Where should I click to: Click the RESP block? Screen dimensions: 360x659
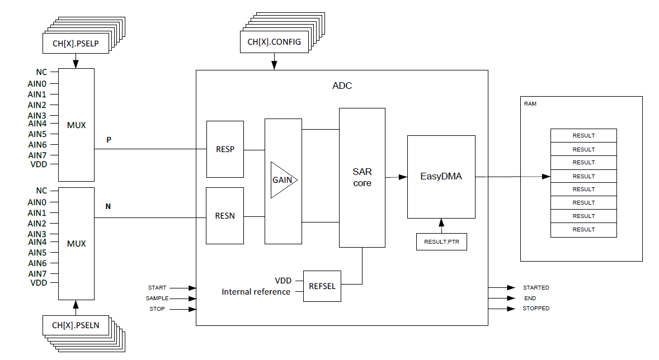point(225,149)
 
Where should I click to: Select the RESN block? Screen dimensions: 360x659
point(225,216)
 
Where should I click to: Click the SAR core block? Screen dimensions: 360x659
point(362,177)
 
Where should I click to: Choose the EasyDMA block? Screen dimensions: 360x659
point(441,177)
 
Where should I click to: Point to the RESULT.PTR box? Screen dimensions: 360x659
point(441,242)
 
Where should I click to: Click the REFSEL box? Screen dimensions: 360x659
point(322,286)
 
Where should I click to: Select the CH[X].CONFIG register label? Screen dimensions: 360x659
point(274,42)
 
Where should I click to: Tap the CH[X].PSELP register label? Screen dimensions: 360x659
point(76,43)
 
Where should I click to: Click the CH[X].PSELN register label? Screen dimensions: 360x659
point(76,325)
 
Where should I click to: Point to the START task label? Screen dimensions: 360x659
point(157,288)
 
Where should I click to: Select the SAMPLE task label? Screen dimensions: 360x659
point(157,299)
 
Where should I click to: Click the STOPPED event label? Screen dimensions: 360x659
point(536,309)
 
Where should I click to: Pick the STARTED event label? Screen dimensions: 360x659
point(536,288)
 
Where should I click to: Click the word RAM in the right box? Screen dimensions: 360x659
point(530,104)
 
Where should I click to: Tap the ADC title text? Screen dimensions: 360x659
point(342,86)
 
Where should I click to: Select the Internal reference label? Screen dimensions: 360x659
point(256,292)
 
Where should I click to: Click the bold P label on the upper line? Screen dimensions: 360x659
point(109,140)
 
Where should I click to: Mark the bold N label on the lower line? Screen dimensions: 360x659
point(109,207)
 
